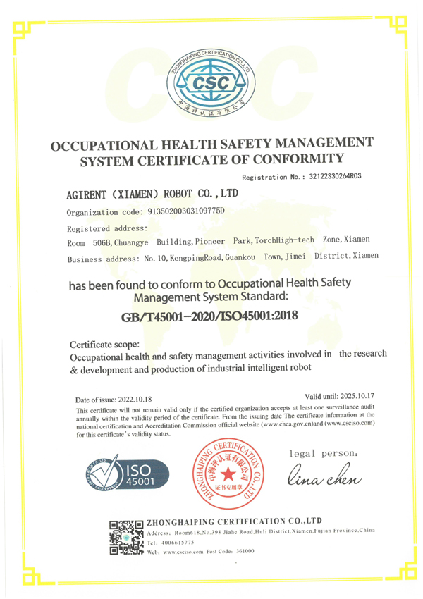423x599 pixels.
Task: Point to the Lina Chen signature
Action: click(x=324, y=477)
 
